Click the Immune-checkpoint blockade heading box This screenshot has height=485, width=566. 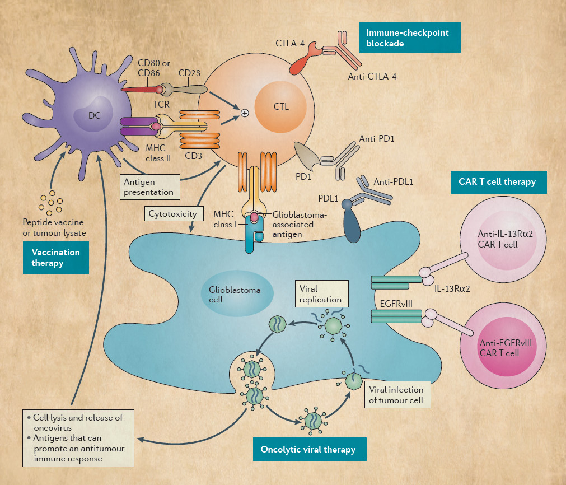click(409, 38)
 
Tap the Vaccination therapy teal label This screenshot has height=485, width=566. click(55, 258)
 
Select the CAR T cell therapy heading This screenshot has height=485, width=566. click(499, 181)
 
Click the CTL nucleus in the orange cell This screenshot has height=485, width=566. click(281, 107)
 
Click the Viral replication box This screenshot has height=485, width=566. click(320, 294)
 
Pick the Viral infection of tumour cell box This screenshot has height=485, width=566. click(396, 395)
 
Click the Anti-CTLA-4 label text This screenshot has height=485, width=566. click(372, 76)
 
